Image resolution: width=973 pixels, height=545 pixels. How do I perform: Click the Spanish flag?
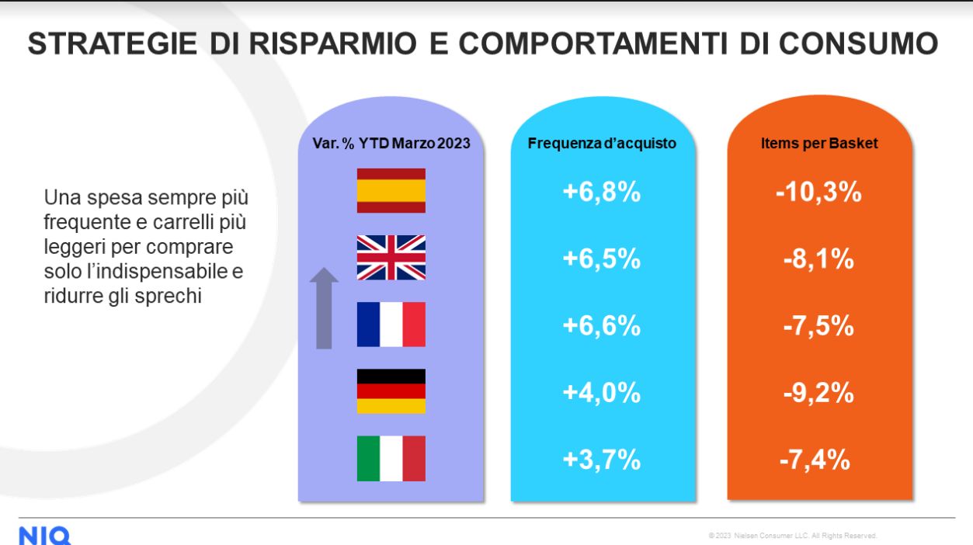391,190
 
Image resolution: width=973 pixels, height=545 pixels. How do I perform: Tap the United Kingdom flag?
391,257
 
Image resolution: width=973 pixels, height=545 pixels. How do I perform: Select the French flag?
391,324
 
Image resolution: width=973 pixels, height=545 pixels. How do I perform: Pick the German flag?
391,391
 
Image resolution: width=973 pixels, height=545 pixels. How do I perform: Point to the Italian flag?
391,458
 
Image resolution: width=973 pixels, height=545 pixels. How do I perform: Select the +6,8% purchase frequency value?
601,192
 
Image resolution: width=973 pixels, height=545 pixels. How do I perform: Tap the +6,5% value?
601,259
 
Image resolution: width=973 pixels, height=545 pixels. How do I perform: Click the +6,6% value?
601,325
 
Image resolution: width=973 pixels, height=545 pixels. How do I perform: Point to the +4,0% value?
601,393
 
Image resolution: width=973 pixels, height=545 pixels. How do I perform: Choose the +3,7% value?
601,460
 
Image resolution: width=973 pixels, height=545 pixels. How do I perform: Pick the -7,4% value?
815,460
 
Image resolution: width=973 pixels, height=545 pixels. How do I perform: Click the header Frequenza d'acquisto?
601,144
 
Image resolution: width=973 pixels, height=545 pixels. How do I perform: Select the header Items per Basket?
818,144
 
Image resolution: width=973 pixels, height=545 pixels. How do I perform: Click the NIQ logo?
44,536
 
